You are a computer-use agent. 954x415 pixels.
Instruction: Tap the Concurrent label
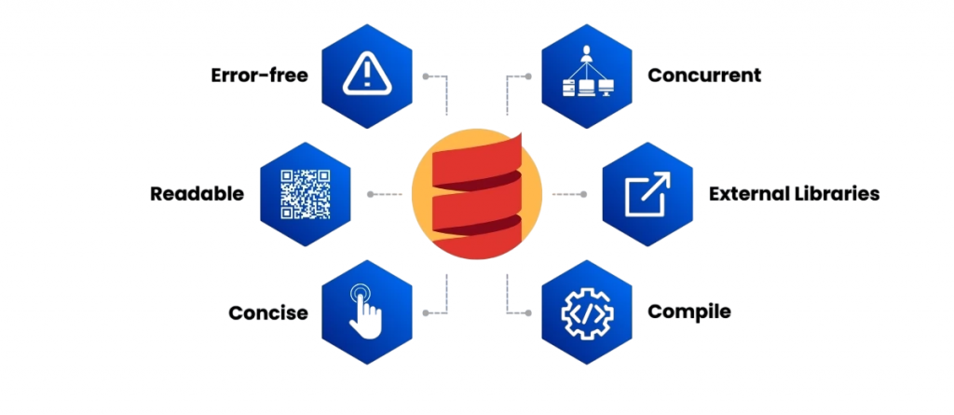pyautogui.click(x=704, y=76)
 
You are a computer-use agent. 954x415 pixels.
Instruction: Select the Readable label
pyautogui.click(x=197, y=194)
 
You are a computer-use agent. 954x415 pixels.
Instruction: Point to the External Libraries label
pyautogui.click(x=794, y=194)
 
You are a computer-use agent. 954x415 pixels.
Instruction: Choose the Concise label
pyautogui.click(x=268, y=312)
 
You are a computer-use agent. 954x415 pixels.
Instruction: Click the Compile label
pyautogui.click(x=688, y=311)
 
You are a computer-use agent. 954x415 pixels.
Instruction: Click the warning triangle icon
pyautogui.click(x=368, y=75)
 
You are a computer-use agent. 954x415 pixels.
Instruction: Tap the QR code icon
pyautogui.click(x=305, y=193)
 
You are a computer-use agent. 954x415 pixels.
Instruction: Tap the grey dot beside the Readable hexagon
pyautogui.click(x=372, y=194)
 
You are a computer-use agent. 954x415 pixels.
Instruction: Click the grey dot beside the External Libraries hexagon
pyautogui.click(x=583, y=194)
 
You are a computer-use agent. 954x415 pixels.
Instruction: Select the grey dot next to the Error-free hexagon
pyautogui.click(x=426, y=76)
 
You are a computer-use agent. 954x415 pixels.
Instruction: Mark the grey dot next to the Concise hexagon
pyautogui.click(x=426, y=312)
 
